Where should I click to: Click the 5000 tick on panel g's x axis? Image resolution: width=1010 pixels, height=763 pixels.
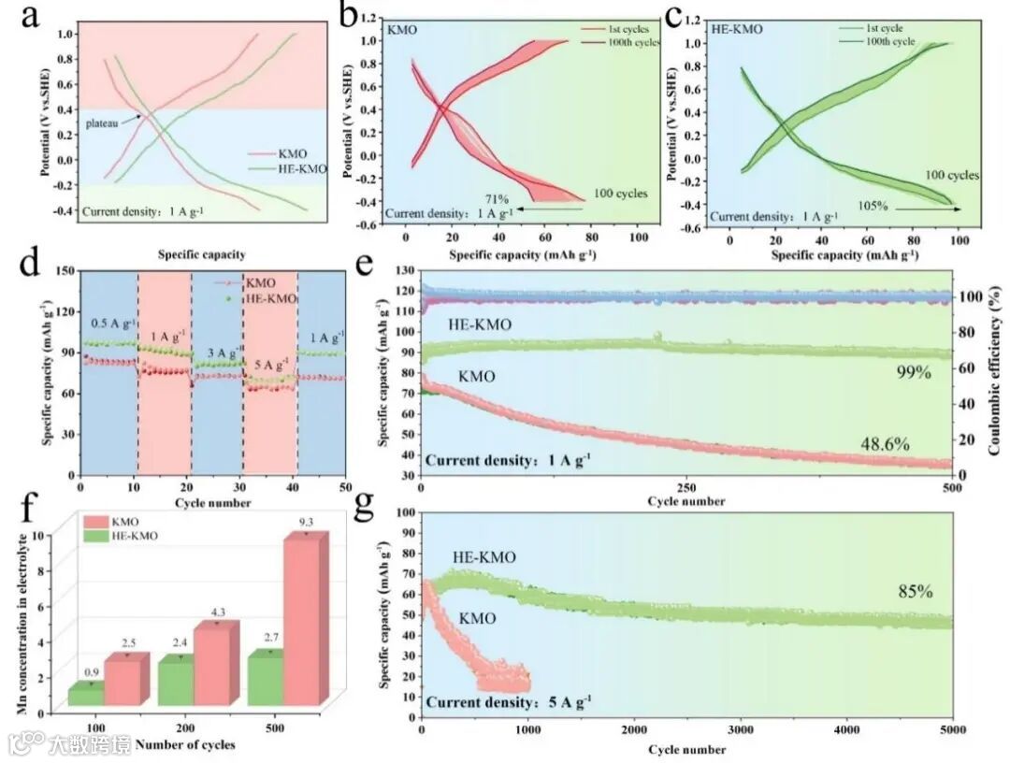click(x=951, y=727)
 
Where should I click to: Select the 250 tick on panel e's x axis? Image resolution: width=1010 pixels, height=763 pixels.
click(x=685, y=488)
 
